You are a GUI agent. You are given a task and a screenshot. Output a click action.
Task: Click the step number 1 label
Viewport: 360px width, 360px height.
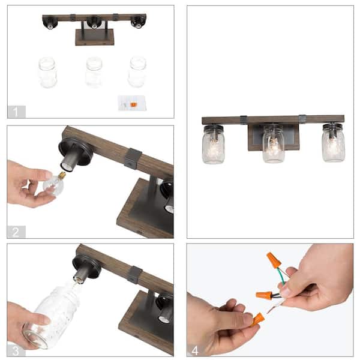click(16, 112)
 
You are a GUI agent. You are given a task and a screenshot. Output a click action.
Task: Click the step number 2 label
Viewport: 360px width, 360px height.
click(16, 232)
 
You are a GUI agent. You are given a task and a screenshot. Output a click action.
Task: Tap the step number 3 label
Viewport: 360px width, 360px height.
click(16, 351)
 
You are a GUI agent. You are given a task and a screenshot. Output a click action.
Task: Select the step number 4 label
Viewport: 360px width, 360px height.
click(194, 350)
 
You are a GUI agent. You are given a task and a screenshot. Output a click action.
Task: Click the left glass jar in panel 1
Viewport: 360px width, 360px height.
click(47, 73)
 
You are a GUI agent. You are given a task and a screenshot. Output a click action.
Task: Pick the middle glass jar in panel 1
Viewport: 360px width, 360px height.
click(94, 73)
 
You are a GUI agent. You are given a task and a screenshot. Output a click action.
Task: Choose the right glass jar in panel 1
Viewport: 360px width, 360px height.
click(137, 72)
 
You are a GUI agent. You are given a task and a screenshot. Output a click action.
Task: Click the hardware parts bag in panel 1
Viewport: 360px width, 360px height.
click(132, 103)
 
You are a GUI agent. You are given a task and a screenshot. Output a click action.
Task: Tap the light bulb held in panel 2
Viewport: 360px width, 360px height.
click(55, 184)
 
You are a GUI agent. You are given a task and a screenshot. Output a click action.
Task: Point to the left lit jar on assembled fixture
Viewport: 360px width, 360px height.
click(213, 145)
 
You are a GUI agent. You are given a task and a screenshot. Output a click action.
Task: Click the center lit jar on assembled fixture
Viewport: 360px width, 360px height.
click(274, 144)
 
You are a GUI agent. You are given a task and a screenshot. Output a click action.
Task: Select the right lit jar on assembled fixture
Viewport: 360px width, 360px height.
click(333, 143)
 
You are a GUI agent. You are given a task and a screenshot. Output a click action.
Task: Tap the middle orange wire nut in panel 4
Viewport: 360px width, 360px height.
click(264, 295)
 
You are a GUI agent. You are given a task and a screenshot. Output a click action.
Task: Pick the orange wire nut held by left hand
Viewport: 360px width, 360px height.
click(257, 319)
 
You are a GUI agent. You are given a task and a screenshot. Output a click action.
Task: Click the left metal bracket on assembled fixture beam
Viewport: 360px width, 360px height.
click(244, 120)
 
